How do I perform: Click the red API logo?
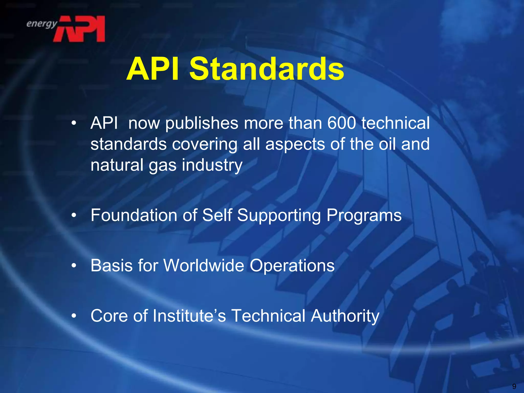79,29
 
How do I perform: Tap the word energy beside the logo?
42,24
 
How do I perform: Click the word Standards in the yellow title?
267,69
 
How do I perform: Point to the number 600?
342,123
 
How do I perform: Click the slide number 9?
514,386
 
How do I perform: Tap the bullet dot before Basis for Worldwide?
74,266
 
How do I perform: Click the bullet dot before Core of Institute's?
74,316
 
